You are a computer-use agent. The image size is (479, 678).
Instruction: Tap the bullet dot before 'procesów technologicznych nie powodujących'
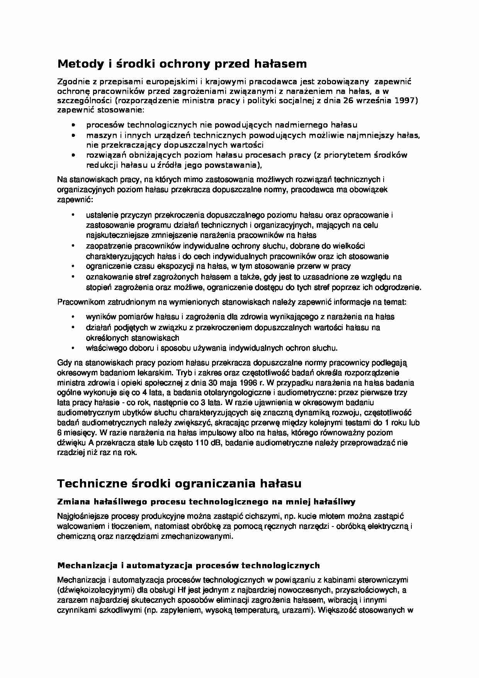[x=73, y=125]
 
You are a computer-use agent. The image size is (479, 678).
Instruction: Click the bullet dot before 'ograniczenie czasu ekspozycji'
[x=73, y=266]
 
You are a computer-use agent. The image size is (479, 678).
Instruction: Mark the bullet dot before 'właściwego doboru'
[x=73, y=348]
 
